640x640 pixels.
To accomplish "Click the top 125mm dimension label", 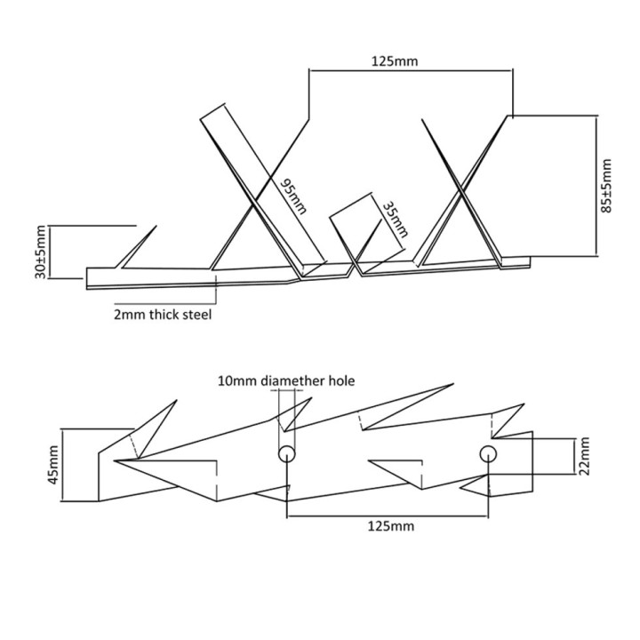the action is click(x=395, y=61).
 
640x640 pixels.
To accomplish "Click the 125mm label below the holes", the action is click(x=390, y=526).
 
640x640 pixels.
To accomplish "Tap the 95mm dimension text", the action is click(x=293, y=196).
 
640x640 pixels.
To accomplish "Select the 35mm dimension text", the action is click(x=395, y=220).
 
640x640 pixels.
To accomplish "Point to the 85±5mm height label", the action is click(x=607, y=186).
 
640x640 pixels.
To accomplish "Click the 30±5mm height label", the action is click(x=41, y=252).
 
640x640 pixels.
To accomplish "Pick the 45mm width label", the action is click(x=53, y=465).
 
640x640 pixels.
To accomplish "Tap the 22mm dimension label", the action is click(x=585, y=456).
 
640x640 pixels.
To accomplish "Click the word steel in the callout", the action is click(x=197, y=315).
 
